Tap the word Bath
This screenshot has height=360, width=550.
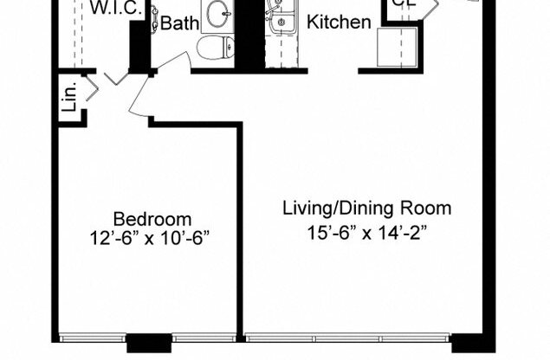coord(179,23)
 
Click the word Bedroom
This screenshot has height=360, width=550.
coord(152,219)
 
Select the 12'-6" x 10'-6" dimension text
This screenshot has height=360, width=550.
coord(152,237)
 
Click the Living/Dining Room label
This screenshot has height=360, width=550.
coord(367,209)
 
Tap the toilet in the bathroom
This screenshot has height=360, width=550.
coord(214,47)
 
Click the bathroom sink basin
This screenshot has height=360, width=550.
coord(216,12)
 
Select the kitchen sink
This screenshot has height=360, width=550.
coord(278,19)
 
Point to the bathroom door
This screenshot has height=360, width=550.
coord(169,67)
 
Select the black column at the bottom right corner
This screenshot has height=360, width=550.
coord(473,343)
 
